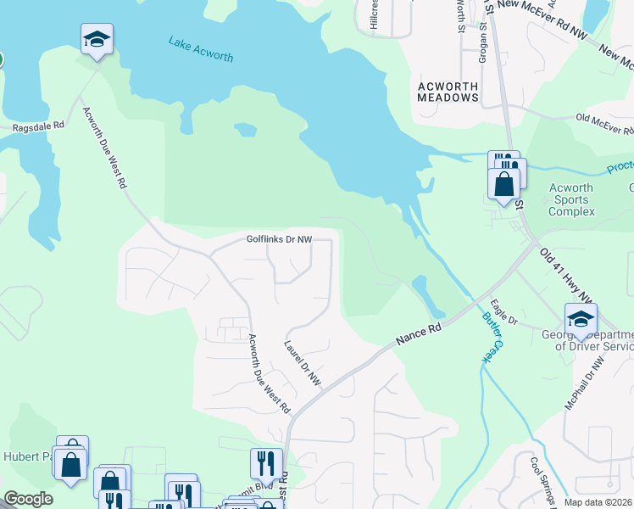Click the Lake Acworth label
(x=200, y=49)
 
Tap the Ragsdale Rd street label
(x=38, y=126)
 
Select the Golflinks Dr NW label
(x=280, y=240)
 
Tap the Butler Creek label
(x=491, y=341)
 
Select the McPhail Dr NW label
(x=585, y=384)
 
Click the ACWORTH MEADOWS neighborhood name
(x=448, y=92)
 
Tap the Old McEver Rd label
(x=604, y=124)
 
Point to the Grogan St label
(x=484, y=38)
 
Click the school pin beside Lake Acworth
(x=97, y=39)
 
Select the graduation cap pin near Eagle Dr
(x=581, y=319)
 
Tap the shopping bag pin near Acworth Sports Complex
(x=503, y=184)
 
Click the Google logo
(x=28, y=499)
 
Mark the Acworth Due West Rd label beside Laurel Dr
(x=268, y=374)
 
